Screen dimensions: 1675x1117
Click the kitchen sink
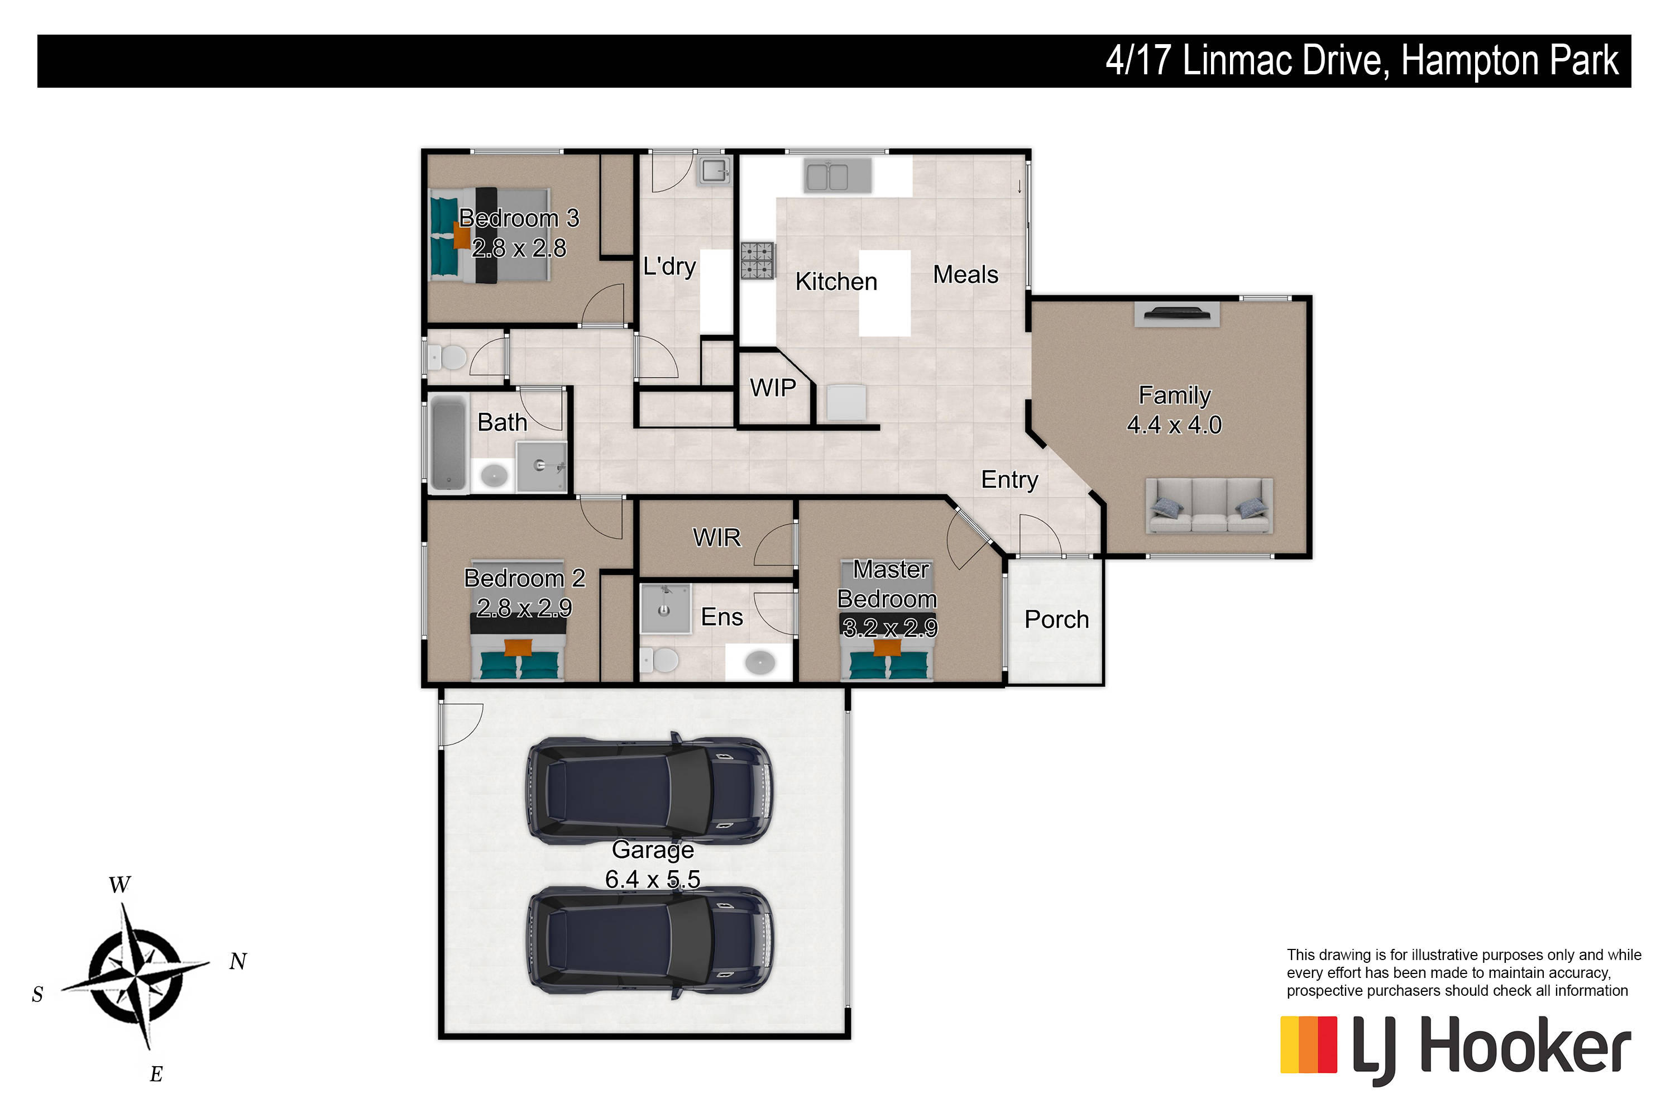point(837,176)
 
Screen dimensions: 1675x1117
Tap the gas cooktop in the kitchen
point(757,261)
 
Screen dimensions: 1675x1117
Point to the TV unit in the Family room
point(1176,314)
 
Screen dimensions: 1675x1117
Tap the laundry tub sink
point(714,171)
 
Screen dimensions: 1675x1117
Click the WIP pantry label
point(773,388)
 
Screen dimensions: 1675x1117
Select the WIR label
point(716,538)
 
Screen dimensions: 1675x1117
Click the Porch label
point(1057,620)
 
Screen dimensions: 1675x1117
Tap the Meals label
point(966,275)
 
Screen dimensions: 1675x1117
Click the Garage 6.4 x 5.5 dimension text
point(652,880)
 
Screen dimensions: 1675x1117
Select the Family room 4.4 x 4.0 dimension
point(1174,425)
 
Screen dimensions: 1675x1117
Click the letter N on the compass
point(238,962)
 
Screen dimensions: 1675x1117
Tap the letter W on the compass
point(119,885)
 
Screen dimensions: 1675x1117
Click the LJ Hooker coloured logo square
point(1308,1044)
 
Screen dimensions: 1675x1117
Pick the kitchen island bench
point(884,294)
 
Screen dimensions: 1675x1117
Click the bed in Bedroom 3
point(490,235)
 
